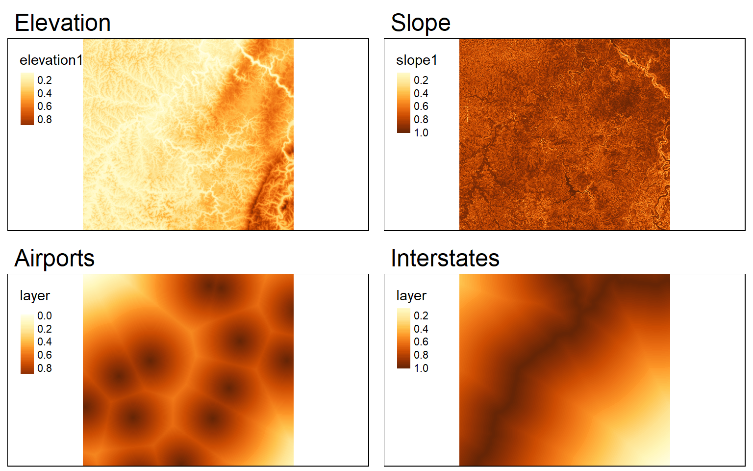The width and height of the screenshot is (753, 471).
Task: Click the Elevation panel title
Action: (63, 23)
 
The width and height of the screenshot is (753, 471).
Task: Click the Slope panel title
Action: (421, 23)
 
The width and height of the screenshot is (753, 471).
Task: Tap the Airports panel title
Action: (54, 259)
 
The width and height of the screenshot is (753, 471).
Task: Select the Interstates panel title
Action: (445, 259)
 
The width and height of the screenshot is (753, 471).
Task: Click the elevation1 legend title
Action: (51, 60)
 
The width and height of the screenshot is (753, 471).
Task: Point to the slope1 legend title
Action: (417, 60)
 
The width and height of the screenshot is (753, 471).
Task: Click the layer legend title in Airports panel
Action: (35, 296)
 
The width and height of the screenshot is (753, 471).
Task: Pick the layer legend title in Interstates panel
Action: (411, 296)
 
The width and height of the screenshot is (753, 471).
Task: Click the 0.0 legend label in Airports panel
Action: (45, 315)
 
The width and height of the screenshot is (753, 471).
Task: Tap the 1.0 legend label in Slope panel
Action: (421, 132)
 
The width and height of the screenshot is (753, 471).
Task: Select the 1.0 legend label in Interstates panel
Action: (421, 368)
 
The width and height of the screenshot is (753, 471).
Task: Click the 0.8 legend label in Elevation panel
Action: (45, 119)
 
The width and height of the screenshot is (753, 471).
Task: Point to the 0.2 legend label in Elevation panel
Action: (45, 80)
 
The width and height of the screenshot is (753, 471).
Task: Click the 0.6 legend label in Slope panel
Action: (421, 106)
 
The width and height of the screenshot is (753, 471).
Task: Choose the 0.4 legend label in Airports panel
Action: (45, 342)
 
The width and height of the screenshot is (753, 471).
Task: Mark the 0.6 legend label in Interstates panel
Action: (421, 342)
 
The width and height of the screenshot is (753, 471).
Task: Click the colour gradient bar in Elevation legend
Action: (27, 99)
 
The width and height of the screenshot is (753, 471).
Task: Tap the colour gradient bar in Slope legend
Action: (404, 103)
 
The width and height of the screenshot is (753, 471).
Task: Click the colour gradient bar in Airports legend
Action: (27, 344)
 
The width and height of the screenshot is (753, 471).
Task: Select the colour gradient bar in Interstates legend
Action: (404, 338)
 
